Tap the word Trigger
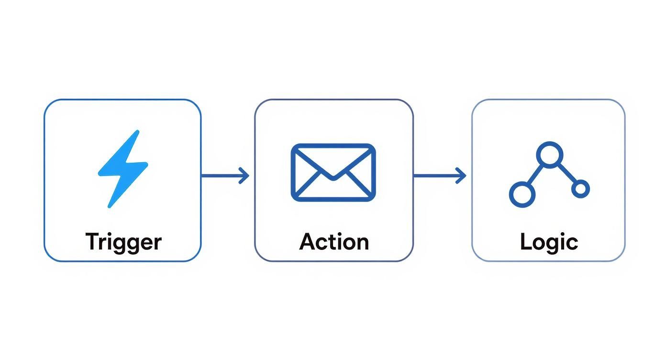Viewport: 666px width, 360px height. click(123, 242)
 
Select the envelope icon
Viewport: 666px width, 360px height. click(333, 172)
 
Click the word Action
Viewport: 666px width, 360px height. click(334, 242)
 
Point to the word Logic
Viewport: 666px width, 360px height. click(549, 242)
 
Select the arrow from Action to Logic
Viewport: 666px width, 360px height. click(438, 176)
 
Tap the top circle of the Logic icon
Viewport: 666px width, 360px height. click(550, 155)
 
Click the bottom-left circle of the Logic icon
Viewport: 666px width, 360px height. click(522, 194)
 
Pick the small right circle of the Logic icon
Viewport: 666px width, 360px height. click(580, 189)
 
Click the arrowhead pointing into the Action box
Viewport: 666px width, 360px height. click(245, 176)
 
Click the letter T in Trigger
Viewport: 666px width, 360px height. click(92, 241)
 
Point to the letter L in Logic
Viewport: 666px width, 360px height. click(525, 241)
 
